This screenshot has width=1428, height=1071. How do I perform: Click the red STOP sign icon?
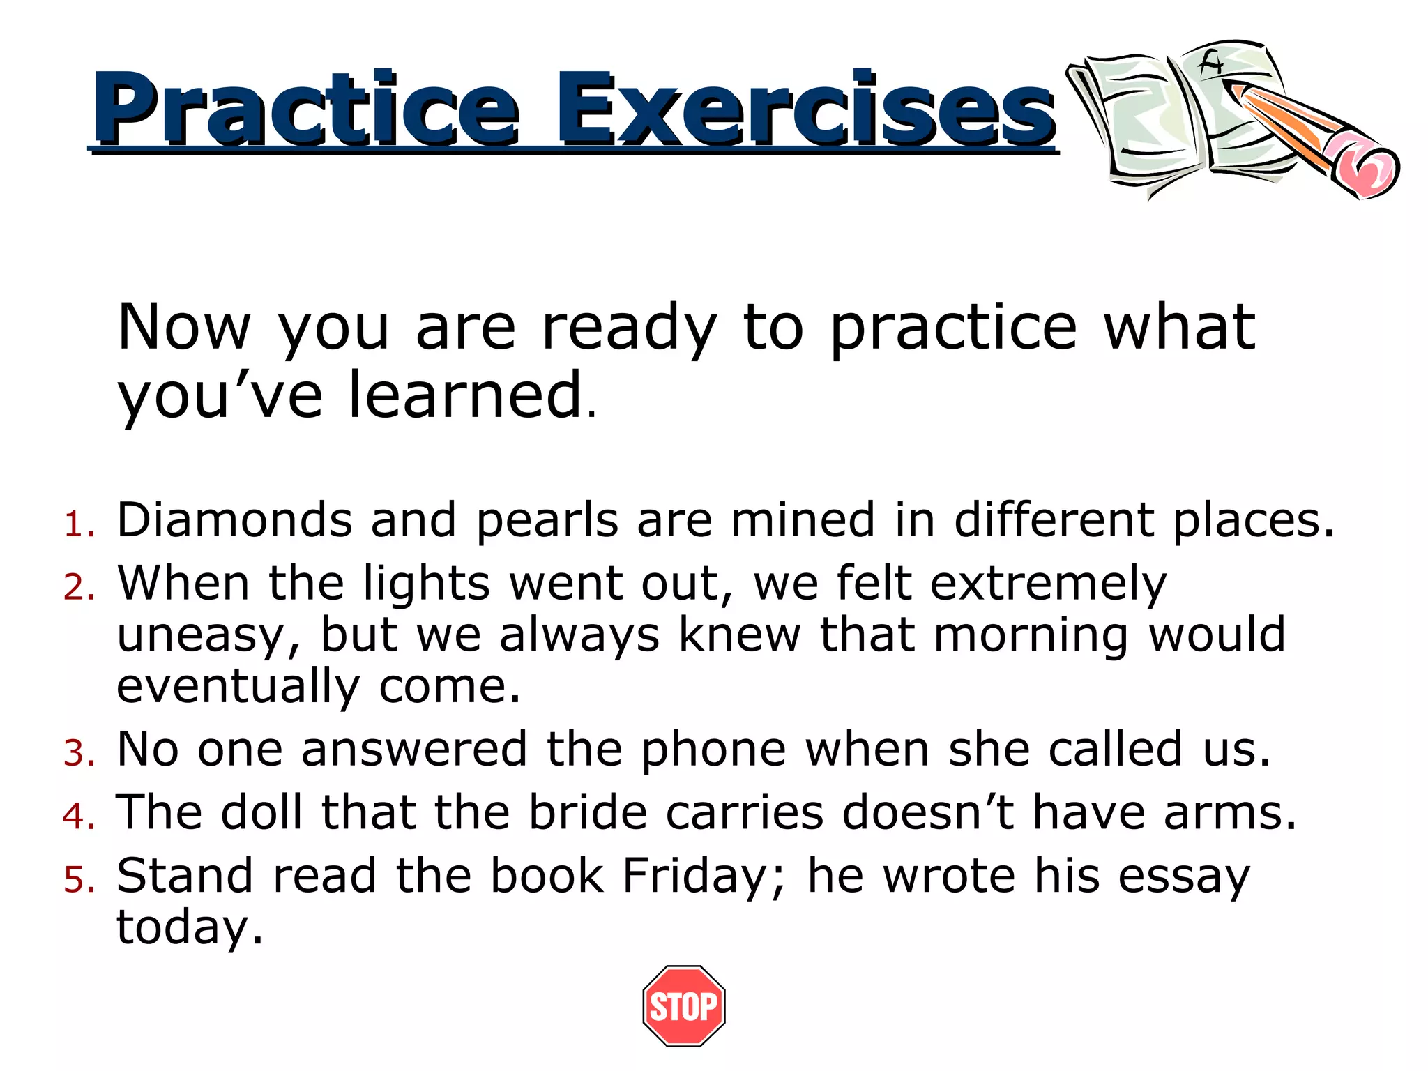coord(683,1005)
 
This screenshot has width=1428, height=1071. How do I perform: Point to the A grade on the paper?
coord(1211,65)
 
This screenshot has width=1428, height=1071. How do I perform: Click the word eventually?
coord(238,688)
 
